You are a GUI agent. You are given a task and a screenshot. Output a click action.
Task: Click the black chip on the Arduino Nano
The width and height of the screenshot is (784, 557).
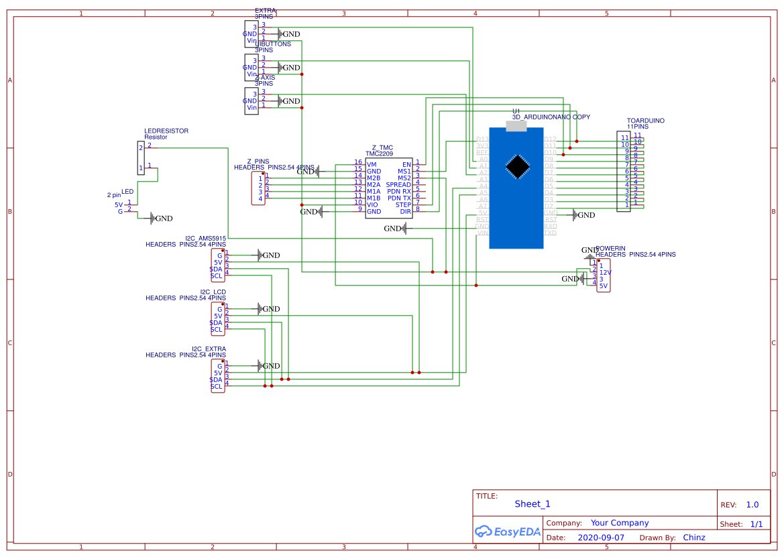click(517, 167)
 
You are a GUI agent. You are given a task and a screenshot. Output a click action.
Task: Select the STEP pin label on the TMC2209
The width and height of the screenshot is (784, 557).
click(403, 204)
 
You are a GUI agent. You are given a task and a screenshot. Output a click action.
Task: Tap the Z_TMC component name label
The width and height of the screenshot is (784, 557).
click(382, 147)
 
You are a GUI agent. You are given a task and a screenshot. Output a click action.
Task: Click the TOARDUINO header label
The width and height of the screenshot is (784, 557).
click(645, 121)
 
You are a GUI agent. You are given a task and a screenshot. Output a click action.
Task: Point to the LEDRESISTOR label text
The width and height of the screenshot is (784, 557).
click(166, 131)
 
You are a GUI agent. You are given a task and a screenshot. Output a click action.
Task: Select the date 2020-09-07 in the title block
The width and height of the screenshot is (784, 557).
click(600, 538)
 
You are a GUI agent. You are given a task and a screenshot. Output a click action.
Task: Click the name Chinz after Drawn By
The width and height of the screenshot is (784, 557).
click(693, 538)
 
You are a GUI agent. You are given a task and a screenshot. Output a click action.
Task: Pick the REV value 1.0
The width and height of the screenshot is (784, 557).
click(752, 505)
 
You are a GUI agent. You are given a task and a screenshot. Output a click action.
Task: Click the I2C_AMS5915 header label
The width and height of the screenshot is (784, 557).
click(205, 238)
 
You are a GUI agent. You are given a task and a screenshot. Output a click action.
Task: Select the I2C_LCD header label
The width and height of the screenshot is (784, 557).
click(213, 292)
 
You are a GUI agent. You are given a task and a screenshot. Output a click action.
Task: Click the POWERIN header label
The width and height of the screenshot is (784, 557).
click(610, 248)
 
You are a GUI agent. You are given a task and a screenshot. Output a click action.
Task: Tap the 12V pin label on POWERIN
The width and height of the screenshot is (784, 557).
click(605, 272)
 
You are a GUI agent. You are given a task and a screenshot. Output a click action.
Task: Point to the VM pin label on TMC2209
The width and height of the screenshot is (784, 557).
click(372, 164)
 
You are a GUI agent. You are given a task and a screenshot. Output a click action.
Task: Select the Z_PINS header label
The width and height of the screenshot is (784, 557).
click(258, 162)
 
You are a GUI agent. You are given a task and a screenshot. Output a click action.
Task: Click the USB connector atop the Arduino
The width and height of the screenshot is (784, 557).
click(516, 127)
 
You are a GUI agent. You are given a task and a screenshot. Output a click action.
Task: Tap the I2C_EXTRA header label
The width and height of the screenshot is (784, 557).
click(209, 349)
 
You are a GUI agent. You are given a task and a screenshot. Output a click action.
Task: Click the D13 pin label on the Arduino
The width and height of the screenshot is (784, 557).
click(482, 139)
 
